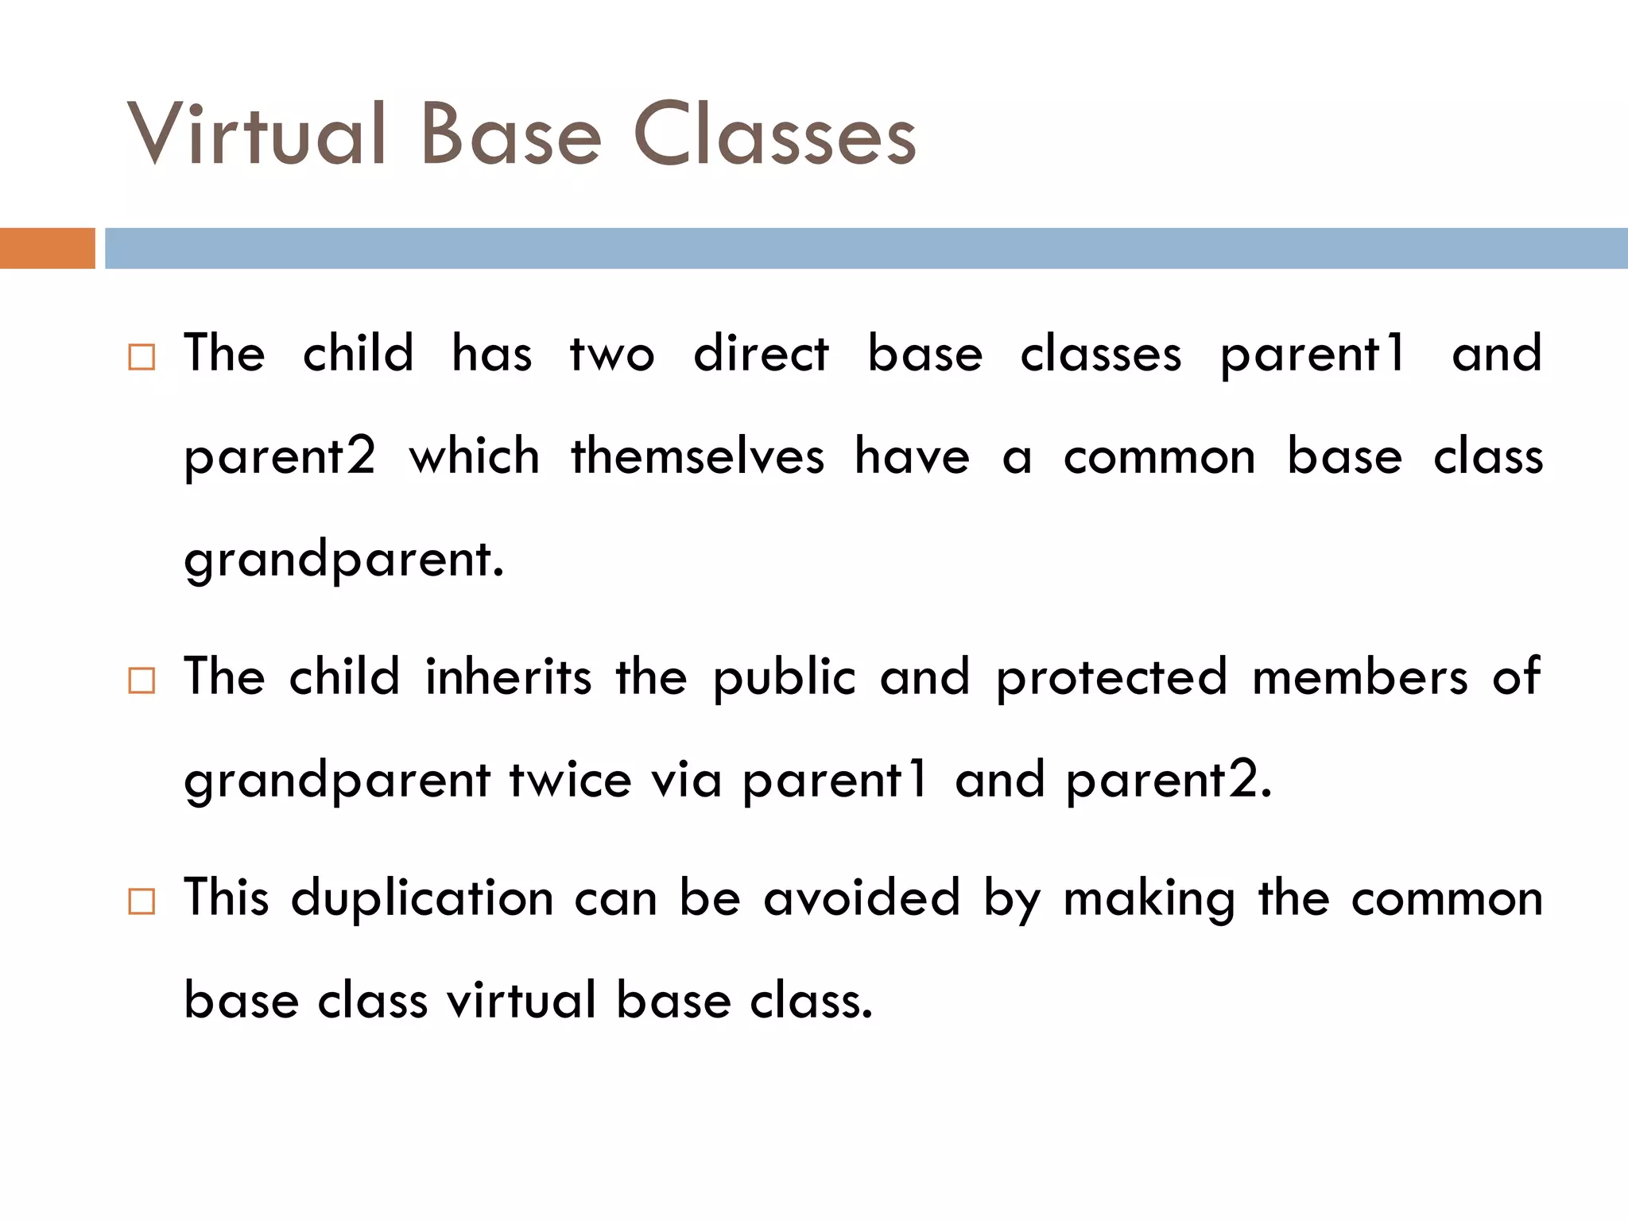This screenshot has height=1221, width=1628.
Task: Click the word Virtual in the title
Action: tap(256, 135)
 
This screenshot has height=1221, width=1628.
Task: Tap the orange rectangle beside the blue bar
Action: tap(47, 248)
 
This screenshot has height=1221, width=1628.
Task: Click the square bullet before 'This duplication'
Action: tap(141, 901)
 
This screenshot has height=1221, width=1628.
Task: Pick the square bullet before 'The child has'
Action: tap(141, 357)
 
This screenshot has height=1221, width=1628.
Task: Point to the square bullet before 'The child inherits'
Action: tap(141, 680)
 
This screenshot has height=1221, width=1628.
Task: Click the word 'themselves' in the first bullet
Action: tap(697, 457)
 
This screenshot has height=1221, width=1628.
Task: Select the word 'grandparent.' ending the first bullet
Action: tap(343, 560)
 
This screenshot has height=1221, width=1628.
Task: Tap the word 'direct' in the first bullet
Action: tap(761, 354)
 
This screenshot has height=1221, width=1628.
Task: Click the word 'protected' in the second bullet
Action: tap(1111, 678)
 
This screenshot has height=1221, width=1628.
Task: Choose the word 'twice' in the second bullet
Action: tap(570, 780)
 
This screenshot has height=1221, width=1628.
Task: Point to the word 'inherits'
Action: tap(508, 677)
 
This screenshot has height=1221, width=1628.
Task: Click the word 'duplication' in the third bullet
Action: tap(422, 898)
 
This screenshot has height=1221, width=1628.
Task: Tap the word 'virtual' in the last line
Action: tap(521, 1000)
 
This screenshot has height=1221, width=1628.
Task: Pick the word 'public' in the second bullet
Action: tap(784, 678)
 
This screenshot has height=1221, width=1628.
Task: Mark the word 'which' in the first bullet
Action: tap(474, 457)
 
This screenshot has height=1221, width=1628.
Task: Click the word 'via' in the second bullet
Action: tap(686, 780)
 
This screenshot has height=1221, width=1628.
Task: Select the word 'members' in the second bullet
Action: tap(1359, 678)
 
